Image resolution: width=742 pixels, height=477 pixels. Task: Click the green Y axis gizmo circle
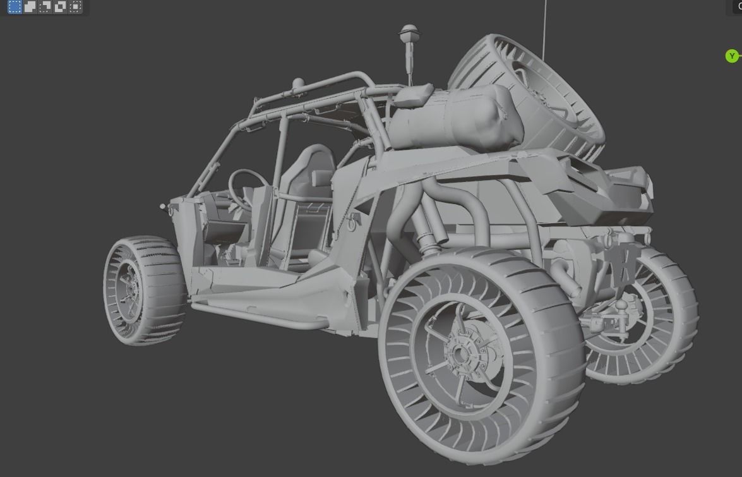click(731, 56)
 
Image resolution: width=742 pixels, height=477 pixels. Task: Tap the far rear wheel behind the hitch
click(657, 316)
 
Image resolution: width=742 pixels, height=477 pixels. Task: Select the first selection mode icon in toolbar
click(15, 7)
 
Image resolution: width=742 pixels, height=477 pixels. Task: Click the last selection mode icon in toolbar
click(75, 7)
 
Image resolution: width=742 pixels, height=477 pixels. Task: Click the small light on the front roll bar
click(297, 83)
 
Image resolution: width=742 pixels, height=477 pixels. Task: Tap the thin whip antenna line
click(545, 25)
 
